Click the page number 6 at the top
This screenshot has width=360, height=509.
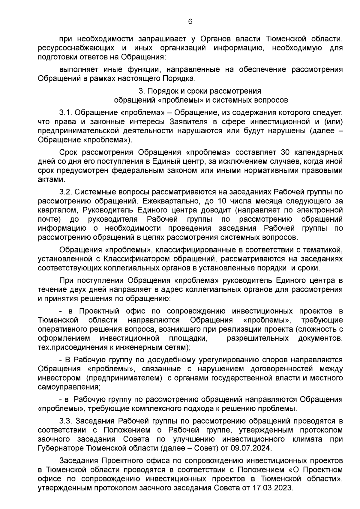[190, 22]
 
